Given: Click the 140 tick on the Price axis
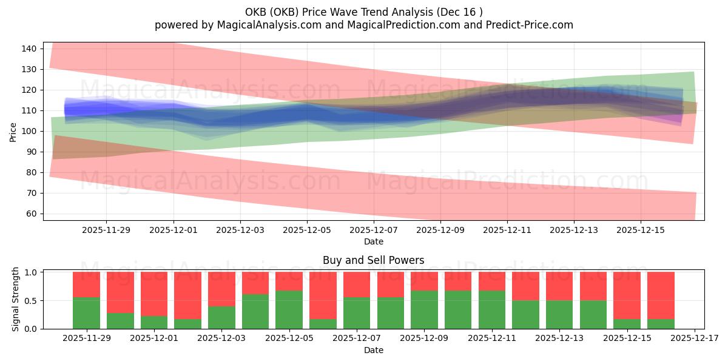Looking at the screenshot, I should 32,49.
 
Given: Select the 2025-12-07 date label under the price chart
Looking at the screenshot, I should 374,230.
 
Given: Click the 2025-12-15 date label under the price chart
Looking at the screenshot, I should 642,230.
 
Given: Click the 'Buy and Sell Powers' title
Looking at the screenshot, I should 374,260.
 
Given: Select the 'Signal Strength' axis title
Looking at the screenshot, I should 16,299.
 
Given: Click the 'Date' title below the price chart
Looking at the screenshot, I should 374,241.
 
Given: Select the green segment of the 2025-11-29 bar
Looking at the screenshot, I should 86,313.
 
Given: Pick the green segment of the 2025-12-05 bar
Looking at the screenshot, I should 289,309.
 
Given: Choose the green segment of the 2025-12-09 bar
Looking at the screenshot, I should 425,309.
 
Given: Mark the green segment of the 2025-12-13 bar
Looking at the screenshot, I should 559,314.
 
